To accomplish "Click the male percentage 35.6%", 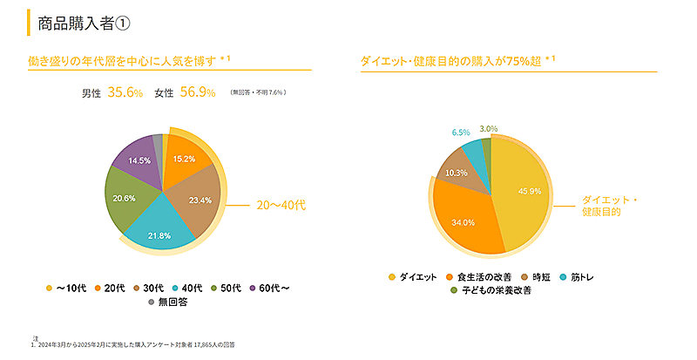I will click(x=125, y=93).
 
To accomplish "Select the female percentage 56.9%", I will click(x=197, y=93).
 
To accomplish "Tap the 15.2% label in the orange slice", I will click(x=184, y=160).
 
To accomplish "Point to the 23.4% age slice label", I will click(x=200, y=200).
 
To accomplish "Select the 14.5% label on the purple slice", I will click(x=139, y=161).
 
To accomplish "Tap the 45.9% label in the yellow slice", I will click(x=529, y=191).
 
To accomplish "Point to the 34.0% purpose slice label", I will click(x=462, y=222).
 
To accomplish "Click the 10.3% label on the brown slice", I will click(x=457, y=173).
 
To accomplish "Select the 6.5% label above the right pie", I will click(x=461, y=132).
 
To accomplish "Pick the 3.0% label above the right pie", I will click(x=489, y=129).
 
